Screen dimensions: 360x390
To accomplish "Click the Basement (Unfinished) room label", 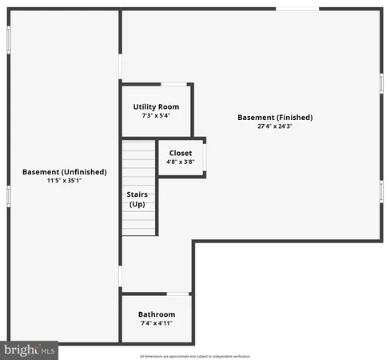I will (64, 172).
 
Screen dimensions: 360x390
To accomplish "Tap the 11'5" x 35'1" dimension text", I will (64, 181).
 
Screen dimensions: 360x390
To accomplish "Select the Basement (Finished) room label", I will (275, 118).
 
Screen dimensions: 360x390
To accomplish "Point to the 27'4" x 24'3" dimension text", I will (275, 126).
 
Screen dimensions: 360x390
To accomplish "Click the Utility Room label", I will (156, 106).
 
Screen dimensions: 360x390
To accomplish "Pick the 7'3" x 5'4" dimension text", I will (156, 115).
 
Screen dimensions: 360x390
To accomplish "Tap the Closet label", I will (181, 153).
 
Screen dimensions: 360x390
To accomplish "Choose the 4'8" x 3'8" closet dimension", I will (181, 162).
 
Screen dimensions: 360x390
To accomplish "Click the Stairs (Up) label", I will (137, 199).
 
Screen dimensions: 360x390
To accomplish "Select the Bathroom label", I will (157, 314).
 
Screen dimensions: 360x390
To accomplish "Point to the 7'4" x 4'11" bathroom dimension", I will (157, 324).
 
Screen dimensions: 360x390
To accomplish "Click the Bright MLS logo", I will (30, 350).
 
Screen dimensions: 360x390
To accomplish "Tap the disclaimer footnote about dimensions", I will (195, 355).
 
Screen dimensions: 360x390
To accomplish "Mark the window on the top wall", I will (297, 9).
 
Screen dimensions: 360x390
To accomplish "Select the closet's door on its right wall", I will (205, 157).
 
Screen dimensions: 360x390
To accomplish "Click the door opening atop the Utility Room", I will (173, 83).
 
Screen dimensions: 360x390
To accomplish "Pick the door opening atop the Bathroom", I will (178, 294).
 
